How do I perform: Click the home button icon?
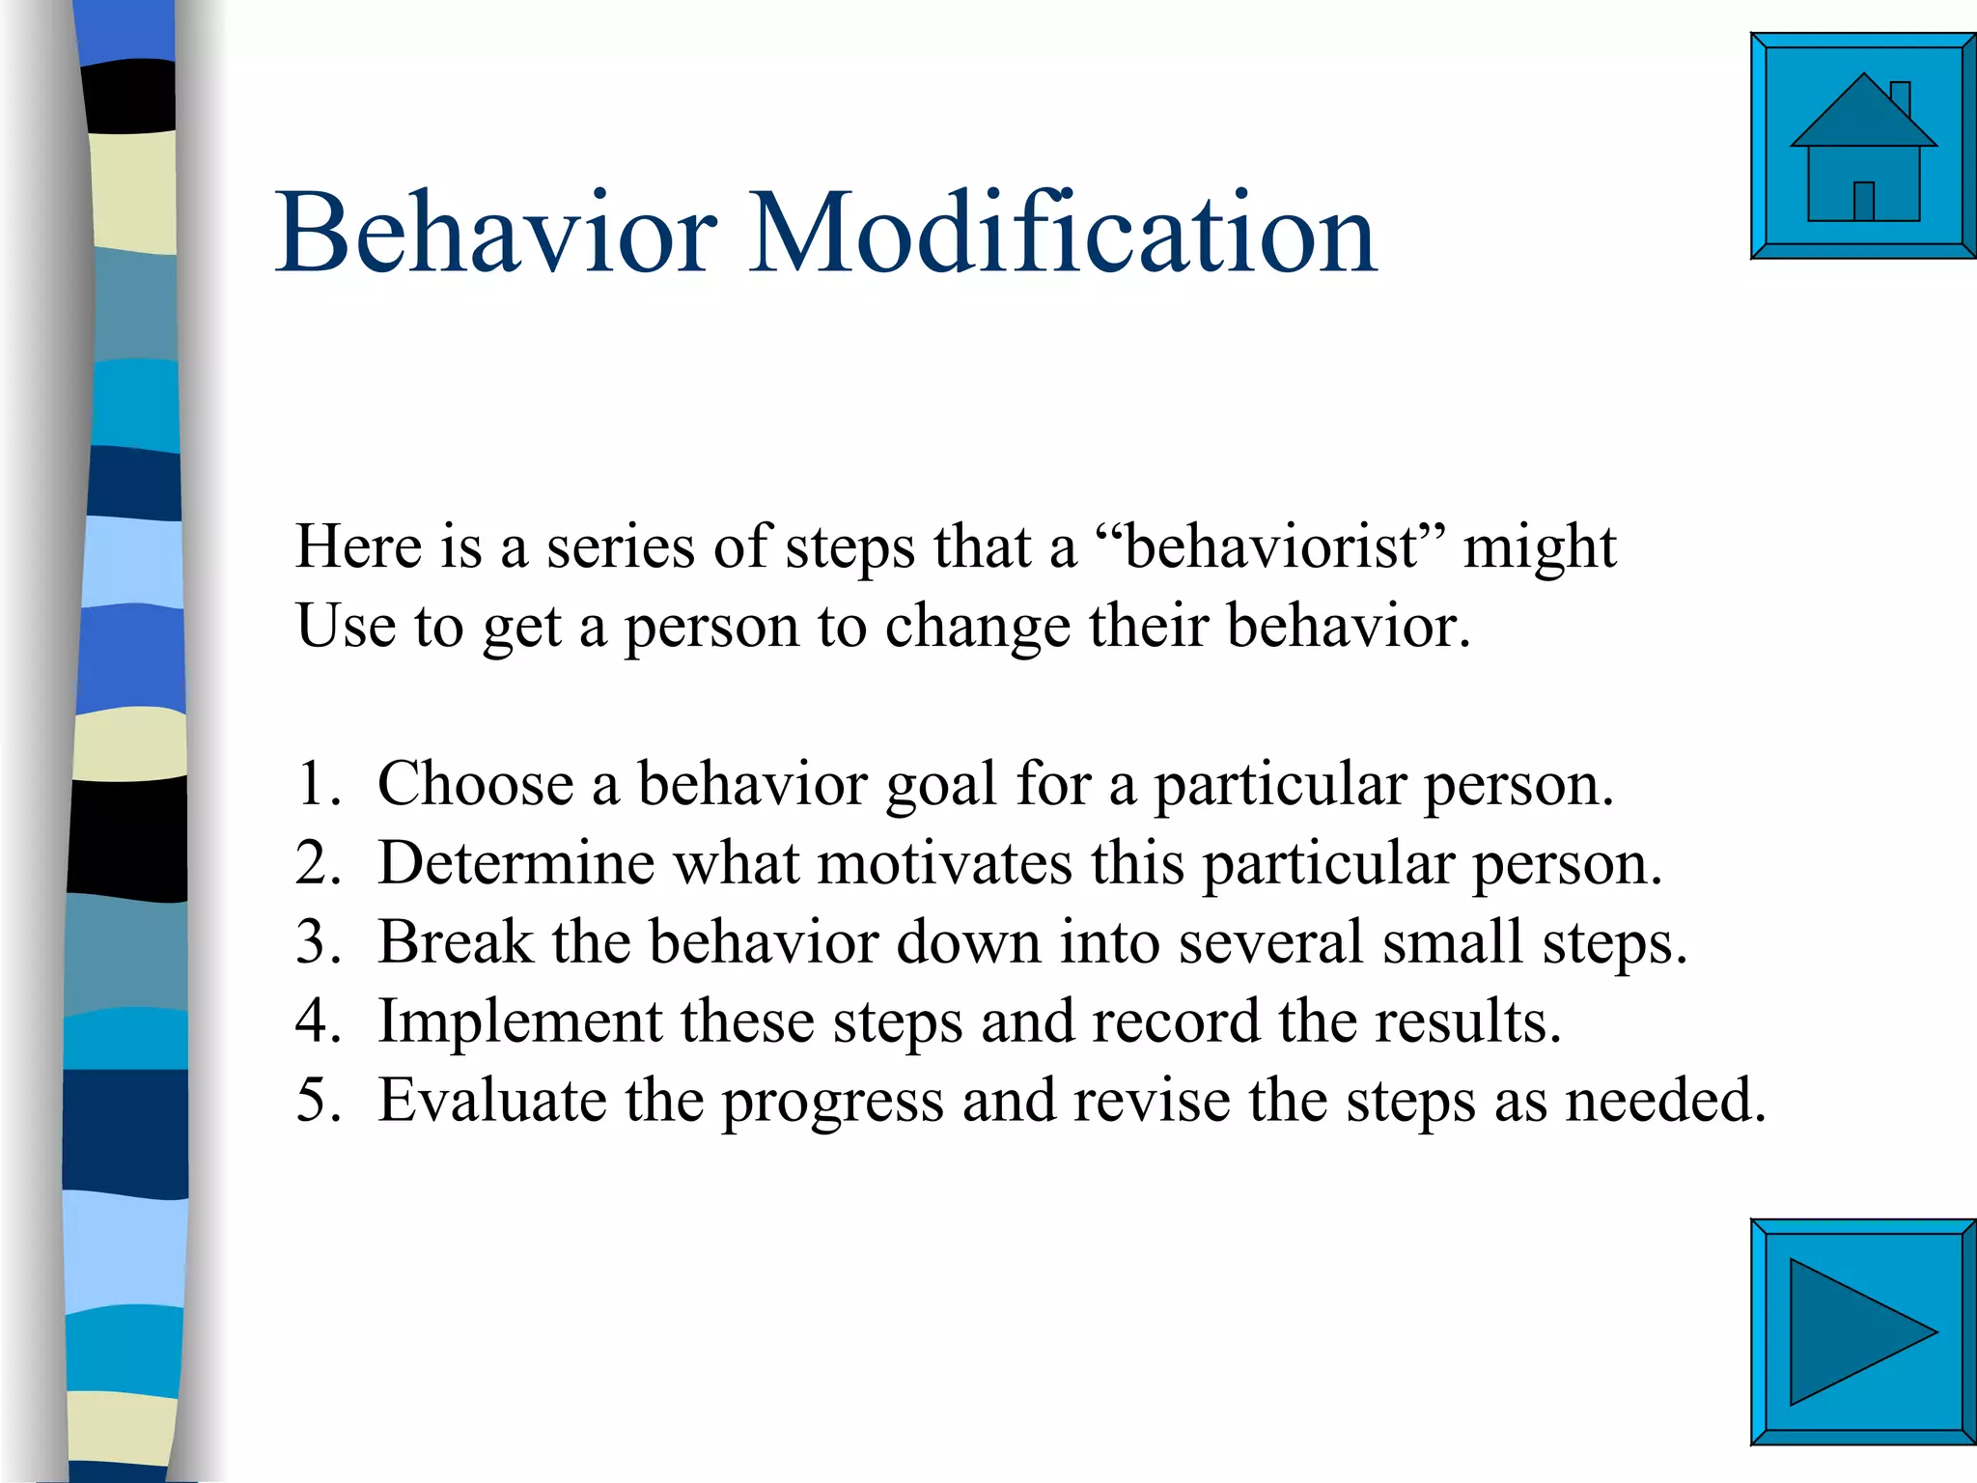coord(1862,147)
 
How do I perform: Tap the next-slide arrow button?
coord(1862,1331)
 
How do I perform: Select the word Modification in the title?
coord(1063,233)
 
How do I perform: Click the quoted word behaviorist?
coord(1272,546)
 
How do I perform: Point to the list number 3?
coord(318,941)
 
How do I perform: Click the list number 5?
coord(318,1100)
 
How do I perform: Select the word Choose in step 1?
coord(475,783)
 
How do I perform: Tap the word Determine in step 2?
coord(515,862)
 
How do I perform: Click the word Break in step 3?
coord(454,941)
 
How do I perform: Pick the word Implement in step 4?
coord(519,1021)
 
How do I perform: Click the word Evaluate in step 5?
coord(491,1100)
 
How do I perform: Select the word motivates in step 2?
coord(944,862)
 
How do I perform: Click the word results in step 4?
coord(1466,1021)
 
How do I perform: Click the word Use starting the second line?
coord(346,626)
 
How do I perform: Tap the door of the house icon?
coord(1864,201)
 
